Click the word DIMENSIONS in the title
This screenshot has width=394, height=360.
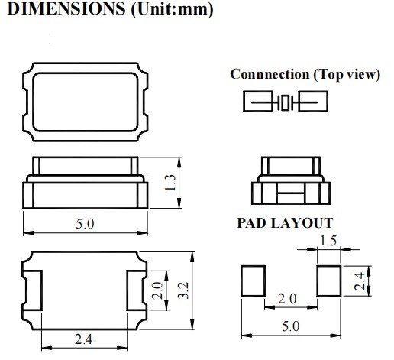pyautogui.click(x=66, y=8)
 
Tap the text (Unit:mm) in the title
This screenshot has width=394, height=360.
pyautogui.click(x=172, y=10)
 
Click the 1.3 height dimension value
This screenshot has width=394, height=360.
pyautogui.click(x=170, y=183)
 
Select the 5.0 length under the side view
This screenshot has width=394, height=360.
pyautogui.click(x=85, y=224)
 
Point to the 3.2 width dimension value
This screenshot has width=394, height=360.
pyautogui.click(x=183, y=290)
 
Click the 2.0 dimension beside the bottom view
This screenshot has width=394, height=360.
pyautogui.click(x=157, y=290)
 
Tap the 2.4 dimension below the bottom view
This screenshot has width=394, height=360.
pyautogui.click(x=84, y=339)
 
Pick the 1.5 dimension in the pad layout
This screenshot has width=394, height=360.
pyautogui.click(x=328, y=241)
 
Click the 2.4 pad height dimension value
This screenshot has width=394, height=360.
pyautogui.click(x=360, y=281)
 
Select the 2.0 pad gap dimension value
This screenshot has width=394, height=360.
pyautogui.click(x=287, y=299)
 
